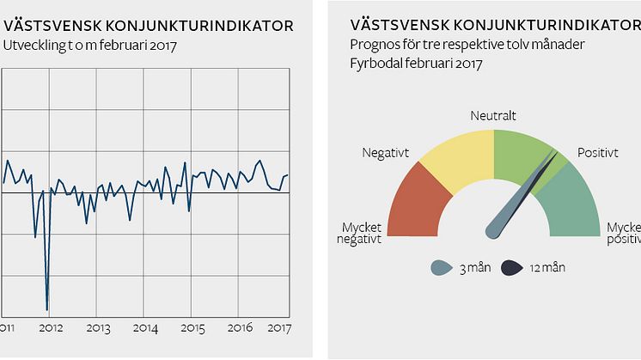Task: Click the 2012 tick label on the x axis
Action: click(x=51, y=328)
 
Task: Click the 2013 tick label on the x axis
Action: click(x=98, y=328)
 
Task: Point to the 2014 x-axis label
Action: click(x=145, y=328)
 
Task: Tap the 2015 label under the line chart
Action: click(x=192, y=328)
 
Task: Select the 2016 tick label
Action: click(x=240, y=328)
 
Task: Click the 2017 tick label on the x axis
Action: click(x=278, y=328)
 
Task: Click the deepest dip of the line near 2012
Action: click(x=47, y=308)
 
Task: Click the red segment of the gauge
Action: click(x=418, y=202)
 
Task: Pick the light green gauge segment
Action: click(x=520, y=151)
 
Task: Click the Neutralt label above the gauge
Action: click(x=493, y=115)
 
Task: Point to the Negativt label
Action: click(x=385, y=153)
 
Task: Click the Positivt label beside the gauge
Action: click(x=597, y=153)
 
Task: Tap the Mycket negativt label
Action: click(x=361, y=233)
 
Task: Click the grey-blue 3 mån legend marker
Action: click(x=442, y=268)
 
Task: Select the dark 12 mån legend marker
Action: click(x=512, y=268)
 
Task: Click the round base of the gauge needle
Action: click(x=494, y=230)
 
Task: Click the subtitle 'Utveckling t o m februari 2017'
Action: click(x=89, y=45)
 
